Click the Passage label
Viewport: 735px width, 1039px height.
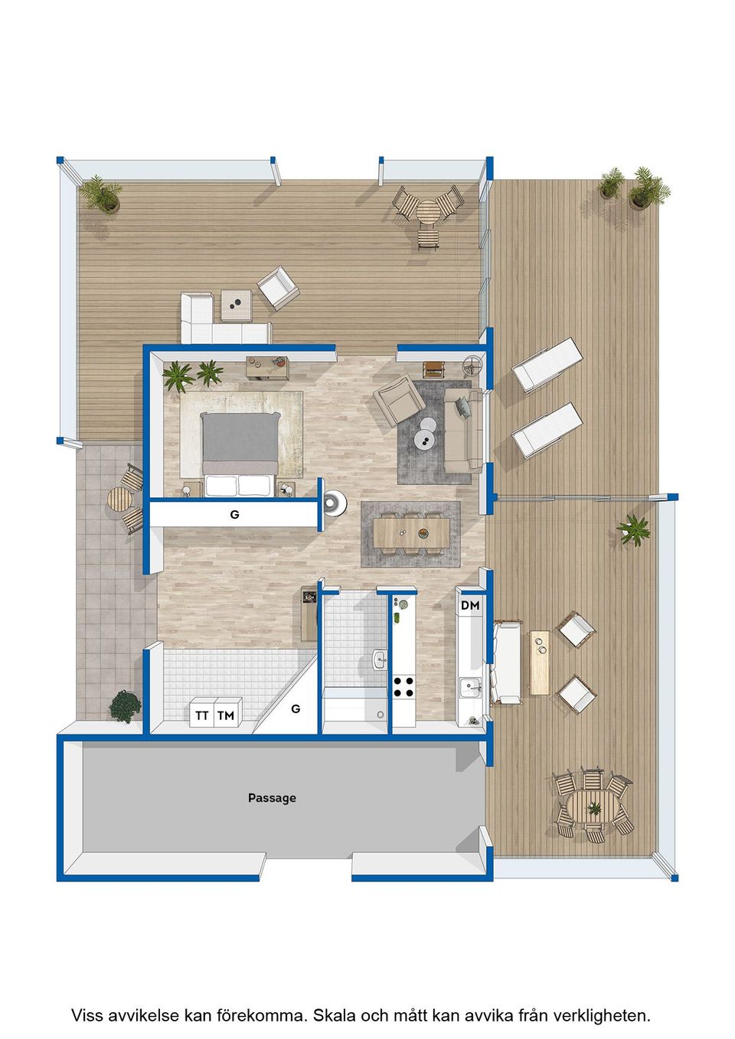tap(272, 798)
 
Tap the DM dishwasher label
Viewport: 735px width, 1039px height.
tap(470, 605)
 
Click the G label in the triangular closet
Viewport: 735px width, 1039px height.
tap(295, 708)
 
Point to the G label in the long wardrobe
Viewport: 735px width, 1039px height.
tap(234, 514)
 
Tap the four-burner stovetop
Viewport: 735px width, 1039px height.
tap(403, 687)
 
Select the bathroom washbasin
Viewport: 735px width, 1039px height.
tap(380, 659)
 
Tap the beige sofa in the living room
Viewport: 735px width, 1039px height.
tap(463, 431)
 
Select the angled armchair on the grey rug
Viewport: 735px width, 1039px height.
tap(399, 399)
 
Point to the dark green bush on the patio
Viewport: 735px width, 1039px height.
tap(125, 706)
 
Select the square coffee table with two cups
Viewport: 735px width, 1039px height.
tap(237, 305)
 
